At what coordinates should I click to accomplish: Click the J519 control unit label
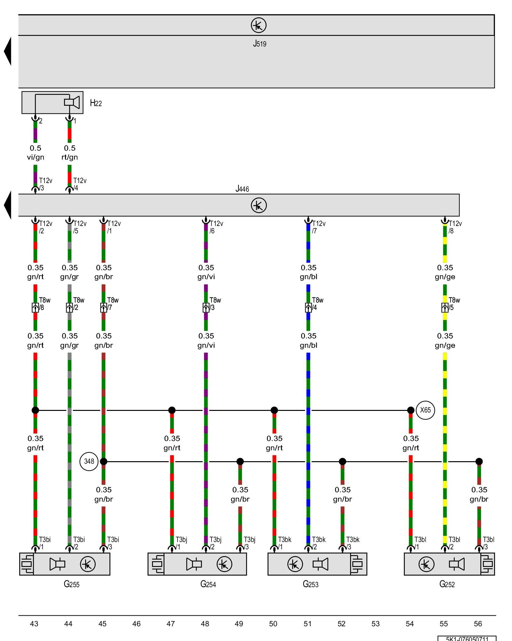(x=260, y=44)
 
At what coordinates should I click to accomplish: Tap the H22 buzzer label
(x=96, y=103)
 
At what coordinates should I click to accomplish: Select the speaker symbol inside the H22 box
(x=72, y=102)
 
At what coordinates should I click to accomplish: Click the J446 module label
(x=242, y=189)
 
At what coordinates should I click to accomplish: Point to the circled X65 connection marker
(x=425, y=410)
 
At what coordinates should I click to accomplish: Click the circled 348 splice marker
(x=89, y=461)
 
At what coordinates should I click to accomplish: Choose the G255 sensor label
(x=72, y=584)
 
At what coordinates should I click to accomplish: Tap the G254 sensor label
(x=208, y=584)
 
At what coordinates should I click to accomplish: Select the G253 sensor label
(x=310, y=584)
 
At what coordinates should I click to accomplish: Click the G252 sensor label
(x=447, y=584)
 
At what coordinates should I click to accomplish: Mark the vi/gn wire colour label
(x=36, y=157)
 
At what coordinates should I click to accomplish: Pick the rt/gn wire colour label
(x=70, y=157)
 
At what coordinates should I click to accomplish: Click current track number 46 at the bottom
(x=136, y=624)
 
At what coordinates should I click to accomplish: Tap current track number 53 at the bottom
(x=375, y=624)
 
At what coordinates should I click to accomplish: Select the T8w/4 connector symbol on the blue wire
(x=308, y=308)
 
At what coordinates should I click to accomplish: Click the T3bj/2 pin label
(x=215, y=543)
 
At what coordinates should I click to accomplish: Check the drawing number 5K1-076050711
(x=467, y=638)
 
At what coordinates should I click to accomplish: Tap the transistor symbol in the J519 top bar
(x=259, y=25)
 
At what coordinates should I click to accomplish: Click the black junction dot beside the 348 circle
(x=103, y=462)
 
